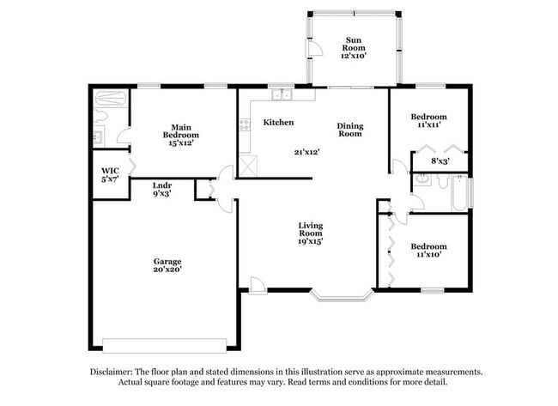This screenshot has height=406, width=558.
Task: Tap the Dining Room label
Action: tap(349, 130)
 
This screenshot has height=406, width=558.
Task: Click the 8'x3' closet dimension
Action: tap(440, 161)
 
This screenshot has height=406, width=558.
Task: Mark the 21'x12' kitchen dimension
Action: tap(306, 152)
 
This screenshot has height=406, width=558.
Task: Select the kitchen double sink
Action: tap(280, 95)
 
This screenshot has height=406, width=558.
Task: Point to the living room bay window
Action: tap(341, 295)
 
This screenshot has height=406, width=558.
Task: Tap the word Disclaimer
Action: tap(112, 372)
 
